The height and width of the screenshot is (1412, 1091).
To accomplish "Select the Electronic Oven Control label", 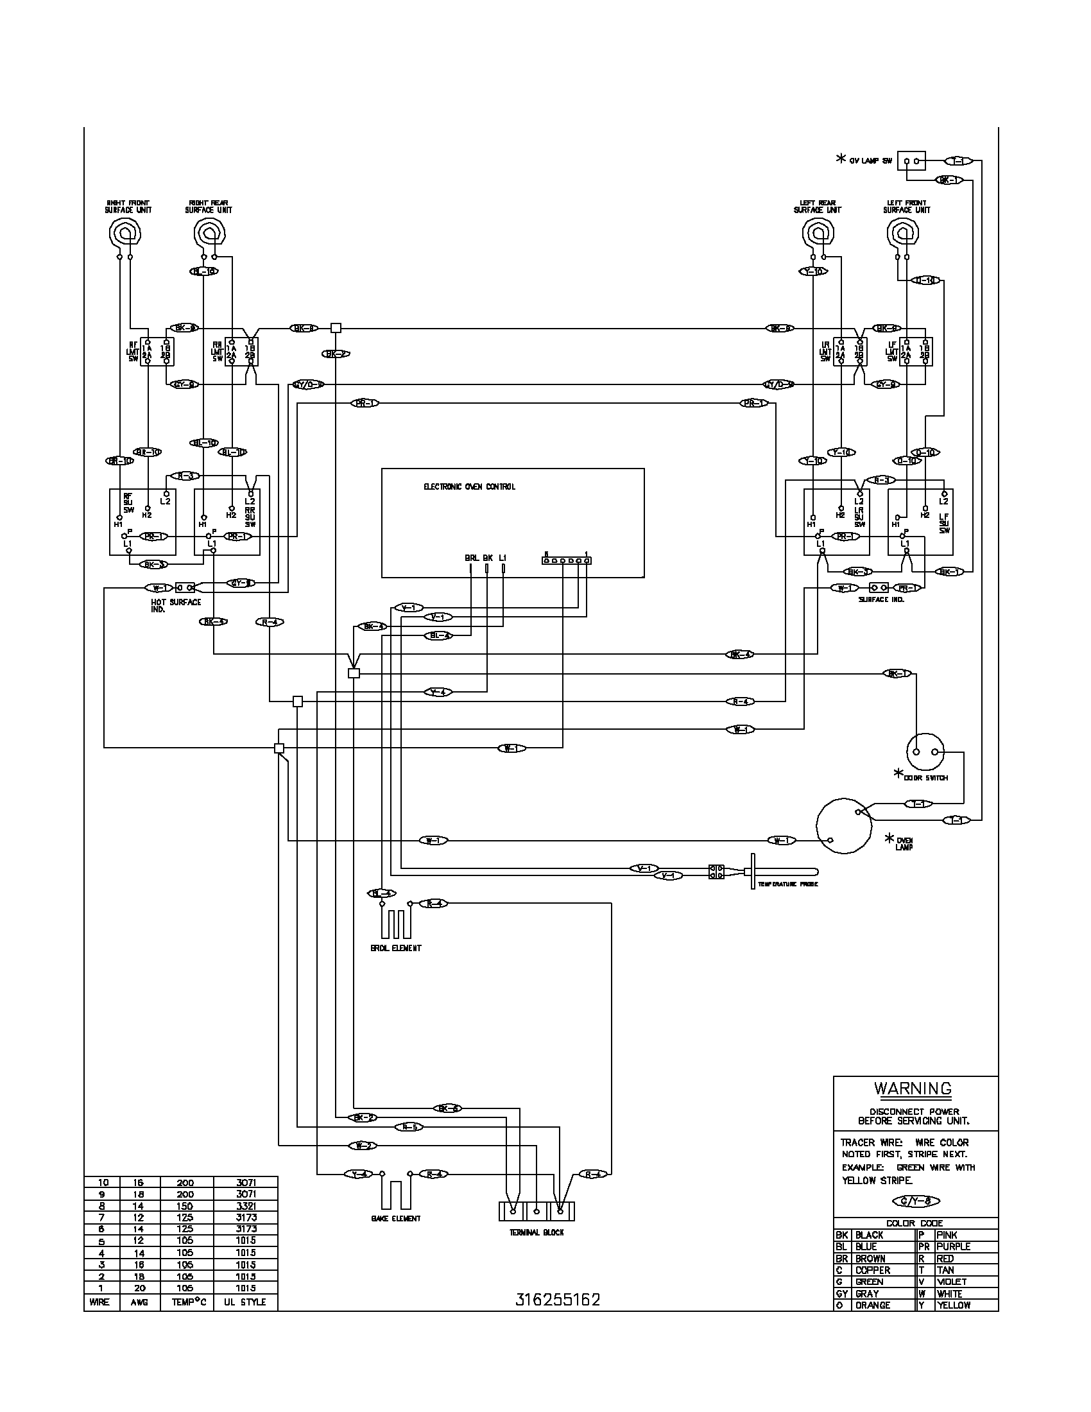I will pos(469,487).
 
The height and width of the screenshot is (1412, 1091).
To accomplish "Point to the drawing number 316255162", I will pos(558,1300).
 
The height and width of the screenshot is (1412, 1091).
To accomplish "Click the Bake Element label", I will pos(396,1219).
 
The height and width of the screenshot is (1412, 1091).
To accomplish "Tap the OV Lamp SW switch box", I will pos(911,160).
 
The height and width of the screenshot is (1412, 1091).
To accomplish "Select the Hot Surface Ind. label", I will pos(176,605).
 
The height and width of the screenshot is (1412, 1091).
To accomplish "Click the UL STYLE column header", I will pos(245,1302).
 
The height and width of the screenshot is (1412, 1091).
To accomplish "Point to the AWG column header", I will pos(139,1302).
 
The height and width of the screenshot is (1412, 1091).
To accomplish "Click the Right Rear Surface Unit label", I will pos(208,206).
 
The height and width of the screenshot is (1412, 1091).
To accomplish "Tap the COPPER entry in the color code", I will pos(873,1270).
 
